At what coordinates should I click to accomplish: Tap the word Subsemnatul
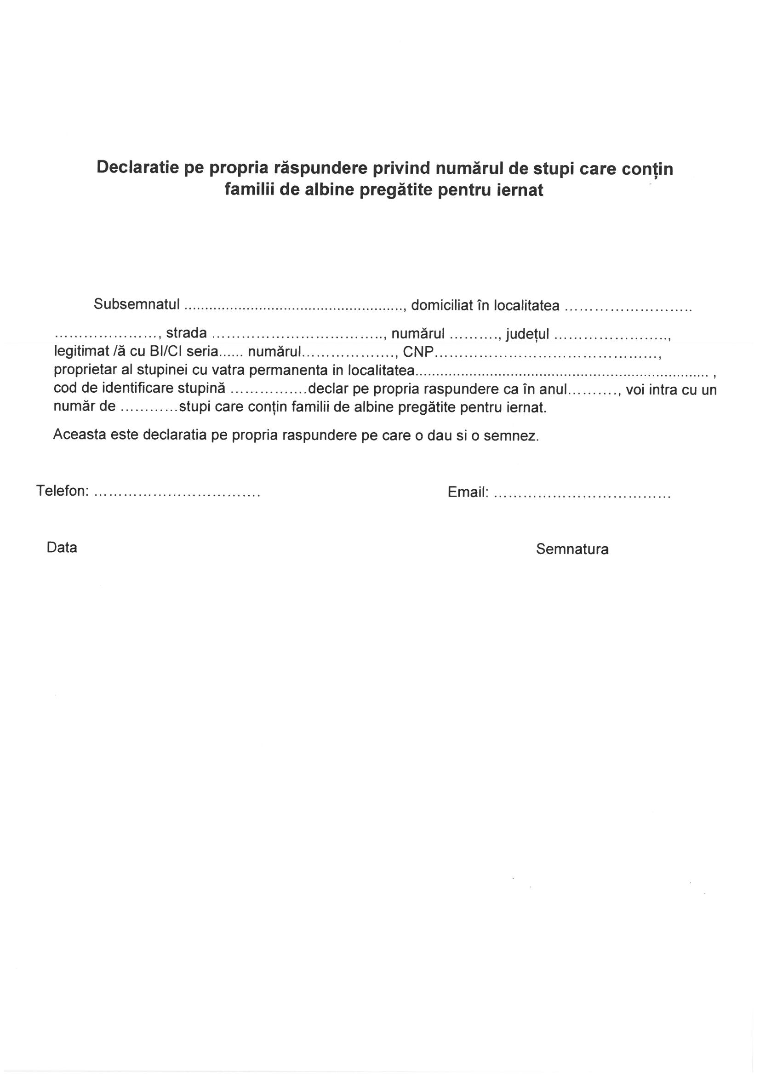tap(137, 304)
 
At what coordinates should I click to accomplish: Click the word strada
tap(186, 333)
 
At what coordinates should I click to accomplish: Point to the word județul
tap(527, 334)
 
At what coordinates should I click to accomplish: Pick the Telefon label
tap(63, 491)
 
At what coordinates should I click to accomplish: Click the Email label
tap(468, 492)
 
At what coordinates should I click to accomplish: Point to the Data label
tap(62, 547)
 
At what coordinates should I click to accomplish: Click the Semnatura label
tap(572, 549)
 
